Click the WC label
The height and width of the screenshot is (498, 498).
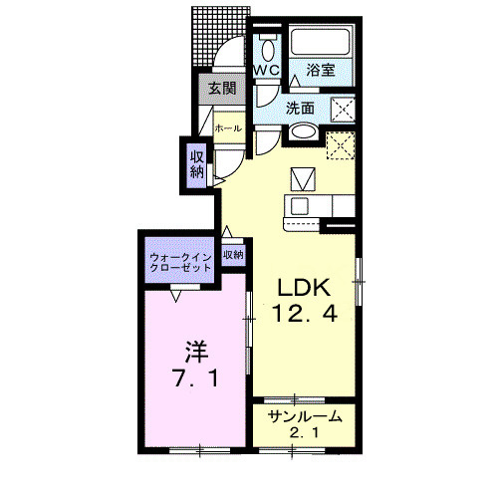[x=267, y=70]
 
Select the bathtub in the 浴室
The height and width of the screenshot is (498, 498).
[x=321, y=42]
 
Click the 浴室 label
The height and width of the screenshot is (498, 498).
[x=321, y=70]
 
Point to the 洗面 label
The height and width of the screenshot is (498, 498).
[x=300, y=109]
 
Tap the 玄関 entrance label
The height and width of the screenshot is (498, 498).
[x=222, y=89]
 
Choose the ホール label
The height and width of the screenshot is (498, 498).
[x=228, y=128]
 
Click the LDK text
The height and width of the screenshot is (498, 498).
[x=304, y=288]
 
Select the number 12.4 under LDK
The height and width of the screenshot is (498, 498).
[x=305, y=314]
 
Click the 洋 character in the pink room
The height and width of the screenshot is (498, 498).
[x=196, y=352]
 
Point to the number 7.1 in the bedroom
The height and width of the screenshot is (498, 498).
[x=196, y=377]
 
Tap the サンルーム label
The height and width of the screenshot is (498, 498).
[x=305, y=416]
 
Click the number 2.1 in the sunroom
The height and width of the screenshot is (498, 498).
[x=305, y=432]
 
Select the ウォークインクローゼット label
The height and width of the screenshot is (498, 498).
[x=180, y=262]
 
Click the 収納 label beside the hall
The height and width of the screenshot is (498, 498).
[x=196, y=164]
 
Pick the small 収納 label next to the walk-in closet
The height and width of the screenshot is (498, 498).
[x=233, y=255]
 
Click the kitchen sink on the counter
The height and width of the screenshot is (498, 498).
[x=300, y=205]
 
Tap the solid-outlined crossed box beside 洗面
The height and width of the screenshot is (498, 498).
[x=344, y=110]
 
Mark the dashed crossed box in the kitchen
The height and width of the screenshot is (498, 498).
[x=341, y=145]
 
